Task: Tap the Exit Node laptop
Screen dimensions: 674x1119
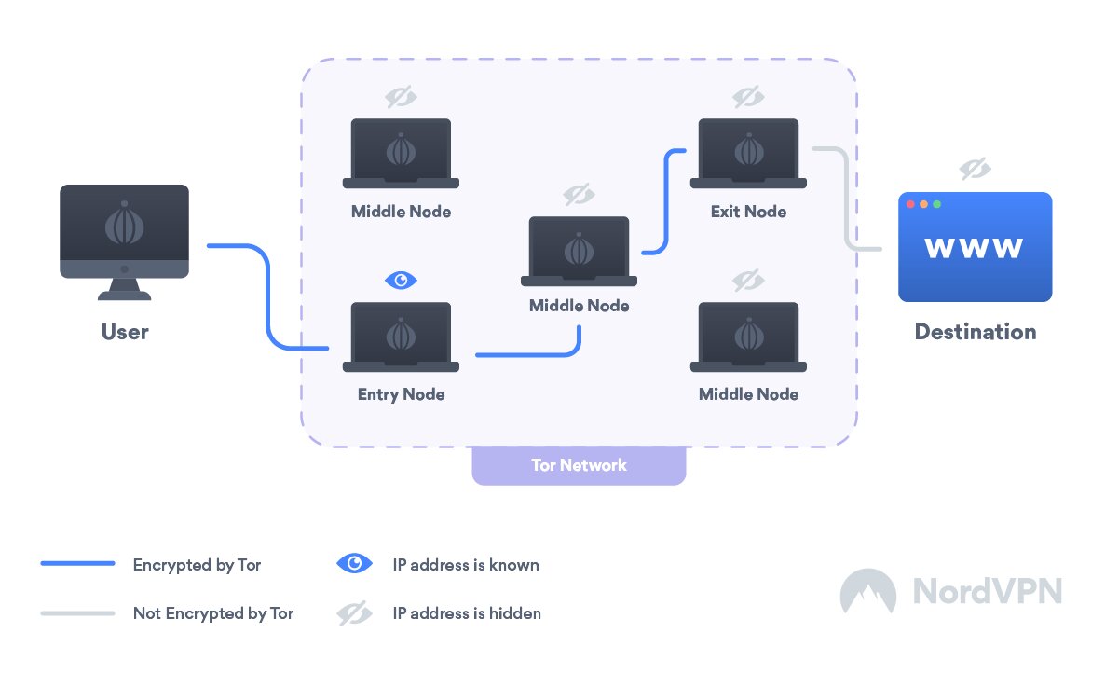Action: coord(747,154)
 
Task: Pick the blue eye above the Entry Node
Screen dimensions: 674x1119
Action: coord(402,280)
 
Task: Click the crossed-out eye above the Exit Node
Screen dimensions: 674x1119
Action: coord(747,96)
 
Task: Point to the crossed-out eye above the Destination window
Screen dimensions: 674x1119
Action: coord(975,169)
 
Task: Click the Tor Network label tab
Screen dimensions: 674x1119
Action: coord(579,465)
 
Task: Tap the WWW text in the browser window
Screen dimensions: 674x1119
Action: coord(974,248)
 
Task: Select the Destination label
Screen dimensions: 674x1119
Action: coord(975,332)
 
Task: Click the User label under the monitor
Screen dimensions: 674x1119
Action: coord(125,332)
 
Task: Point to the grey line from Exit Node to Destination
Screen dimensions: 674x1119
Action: coord(846,200)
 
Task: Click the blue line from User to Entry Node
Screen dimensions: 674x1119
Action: coord(268,298)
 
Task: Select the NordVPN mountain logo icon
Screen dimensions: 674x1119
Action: coord(867,591)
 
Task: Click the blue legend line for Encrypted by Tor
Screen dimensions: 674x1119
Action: coord(77,564)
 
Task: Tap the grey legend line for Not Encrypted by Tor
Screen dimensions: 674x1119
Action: coord(77,613)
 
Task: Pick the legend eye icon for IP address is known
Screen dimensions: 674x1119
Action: coord(354,564)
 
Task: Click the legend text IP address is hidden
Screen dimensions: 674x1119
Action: coord(467,613)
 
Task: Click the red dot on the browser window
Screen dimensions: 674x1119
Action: coord(911,204)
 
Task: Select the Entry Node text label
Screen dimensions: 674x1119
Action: coord(401,394)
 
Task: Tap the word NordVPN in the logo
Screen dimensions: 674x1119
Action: coord(987,591)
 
